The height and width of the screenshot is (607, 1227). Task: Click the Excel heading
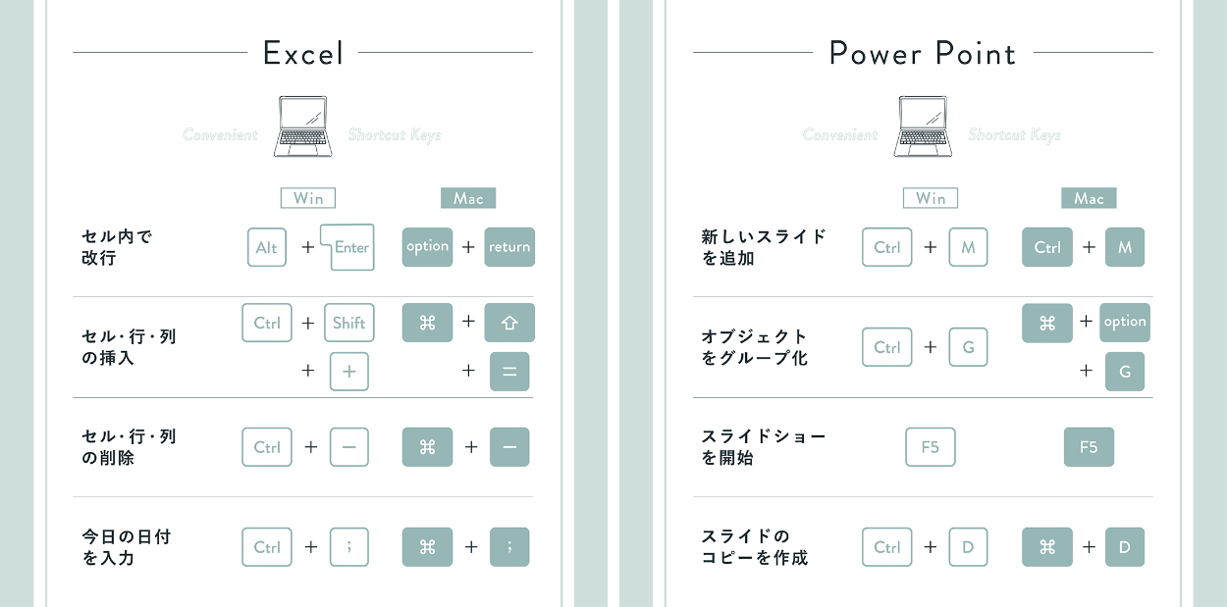tap(303, 53)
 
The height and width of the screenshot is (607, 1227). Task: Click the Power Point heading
tap(922, 53)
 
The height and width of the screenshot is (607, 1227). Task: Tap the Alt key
tap(267, 247)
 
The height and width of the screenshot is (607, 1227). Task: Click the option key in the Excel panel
tap(427, 247)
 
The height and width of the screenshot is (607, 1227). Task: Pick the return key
tap(509, 247)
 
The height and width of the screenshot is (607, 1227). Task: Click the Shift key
tap(349, 323)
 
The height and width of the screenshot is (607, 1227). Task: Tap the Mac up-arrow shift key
tap(509, 323)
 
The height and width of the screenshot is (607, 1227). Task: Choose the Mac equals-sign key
tap(509, 372)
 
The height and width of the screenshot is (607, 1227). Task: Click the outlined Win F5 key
tap(931, 447)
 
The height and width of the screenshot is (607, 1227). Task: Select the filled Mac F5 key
tap(1089, 447)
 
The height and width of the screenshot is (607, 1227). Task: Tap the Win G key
tap(968, 347)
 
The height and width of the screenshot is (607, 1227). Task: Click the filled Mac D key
tap(1125, 547)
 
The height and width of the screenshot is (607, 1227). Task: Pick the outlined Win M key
tap(968, 247)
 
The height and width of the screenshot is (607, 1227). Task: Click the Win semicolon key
tap(349, 547)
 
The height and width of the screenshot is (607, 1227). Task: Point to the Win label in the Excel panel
tap(308, 198)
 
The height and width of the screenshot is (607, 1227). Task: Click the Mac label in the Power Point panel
tap(1089, 198)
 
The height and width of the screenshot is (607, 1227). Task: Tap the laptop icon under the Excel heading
tap(302, 126)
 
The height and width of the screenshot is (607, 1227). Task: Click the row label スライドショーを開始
tap(764, 447)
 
